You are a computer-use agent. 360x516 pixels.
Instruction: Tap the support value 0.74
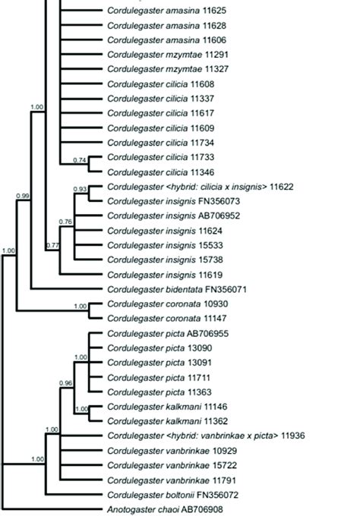[80, 160]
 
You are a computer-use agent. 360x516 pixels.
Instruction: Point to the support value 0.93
[80, 189]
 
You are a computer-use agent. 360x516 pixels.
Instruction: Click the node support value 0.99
[23, 197]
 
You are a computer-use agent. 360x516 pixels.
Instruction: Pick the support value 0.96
[65, 384]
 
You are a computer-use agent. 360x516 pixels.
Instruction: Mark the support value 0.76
[65, 222]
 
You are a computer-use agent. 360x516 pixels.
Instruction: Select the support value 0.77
[52, 246]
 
